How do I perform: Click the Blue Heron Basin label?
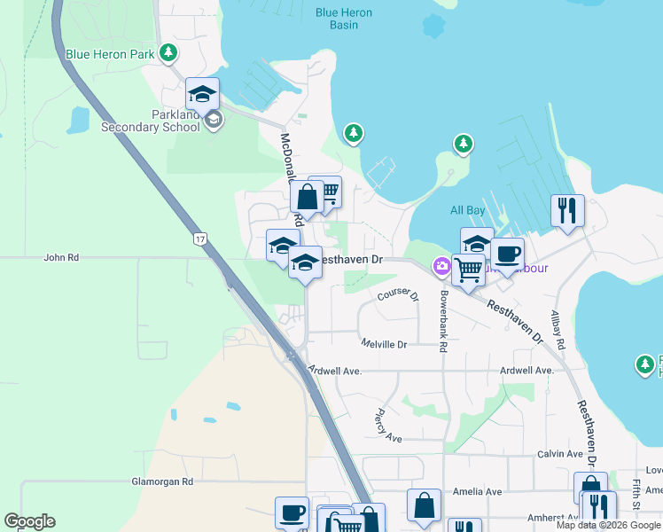coord(344,19)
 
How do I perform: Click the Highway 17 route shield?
coord(201,239)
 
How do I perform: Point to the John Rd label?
coord(61,257)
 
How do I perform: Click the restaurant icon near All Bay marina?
coord(567,211)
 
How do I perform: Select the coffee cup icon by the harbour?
coord(507,254)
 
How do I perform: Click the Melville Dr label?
coord(384,343)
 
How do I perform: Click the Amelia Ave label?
coord(480,491)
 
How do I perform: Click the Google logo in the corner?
coord(29,521)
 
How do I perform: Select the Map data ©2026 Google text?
coord(608,525)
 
